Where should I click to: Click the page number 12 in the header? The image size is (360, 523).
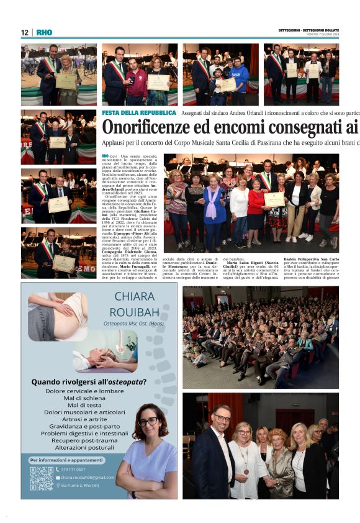(x=25, y=32)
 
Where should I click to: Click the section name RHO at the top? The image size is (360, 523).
(x=44, y=32)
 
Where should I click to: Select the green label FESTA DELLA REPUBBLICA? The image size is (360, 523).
(x=139, y=113)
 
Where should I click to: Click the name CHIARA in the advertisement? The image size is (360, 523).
(x=135, y=296)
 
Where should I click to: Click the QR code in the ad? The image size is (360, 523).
(x=41, y=478)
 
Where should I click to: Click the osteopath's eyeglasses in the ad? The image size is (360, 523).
(x=148, y=422)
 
